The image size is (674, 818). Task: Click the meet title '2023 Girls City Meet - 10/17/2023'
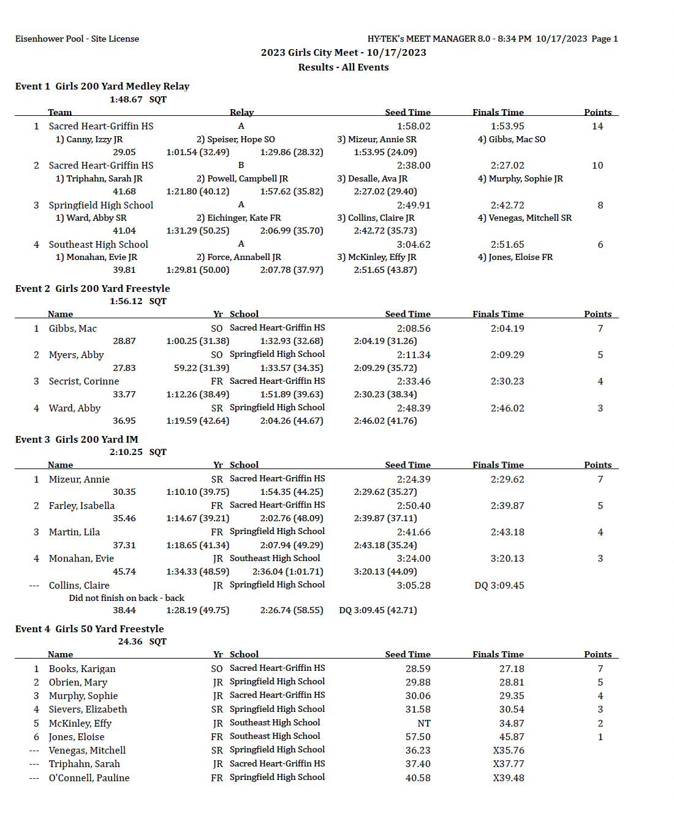[343, 53]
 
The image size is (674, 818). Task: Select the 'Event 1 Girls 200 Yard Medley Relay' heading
[102, 86]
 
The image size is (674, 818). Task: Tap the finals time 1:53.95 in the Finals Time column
[507, 126]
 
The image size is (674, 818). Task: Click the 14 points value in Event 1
[597, 126]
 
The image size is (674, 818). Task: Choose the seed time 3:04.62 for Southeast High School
[414, 245]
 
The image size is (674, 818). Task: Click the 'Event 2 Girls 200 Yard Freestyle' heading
[93, 289]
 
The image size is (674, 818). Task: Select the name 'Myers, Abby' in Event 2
[77, 355]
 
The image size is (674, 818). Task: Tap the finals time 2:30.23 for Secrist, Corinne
[507, 381]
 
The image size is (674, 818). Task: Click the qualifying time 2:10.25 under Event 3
[126, 452]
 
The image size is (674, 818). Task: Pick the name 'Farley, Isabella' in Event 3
[81, 506]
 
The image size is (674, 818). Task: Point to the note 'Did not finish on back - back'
[126, 598]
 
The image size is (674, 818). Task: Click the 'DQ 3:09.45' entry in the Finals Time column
[499, 586]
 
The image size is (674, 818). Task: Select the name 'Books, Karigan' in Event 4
[82, 669]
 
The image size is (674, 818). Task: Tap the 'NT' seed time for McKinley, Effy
[424, 724]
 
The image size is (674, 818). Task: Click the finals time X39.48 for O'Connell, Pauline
[508, 778]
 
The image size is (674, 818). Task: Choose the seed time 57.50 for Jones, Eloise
[418, 737]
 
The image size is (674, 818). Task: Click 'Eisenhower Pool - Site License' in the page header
[77, 39]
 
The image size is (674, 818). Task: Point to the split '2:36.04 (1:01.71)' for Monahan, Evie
[287, 571]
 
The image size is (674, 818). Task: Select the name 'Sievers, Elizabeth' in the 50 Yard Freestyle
[88, 709]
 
